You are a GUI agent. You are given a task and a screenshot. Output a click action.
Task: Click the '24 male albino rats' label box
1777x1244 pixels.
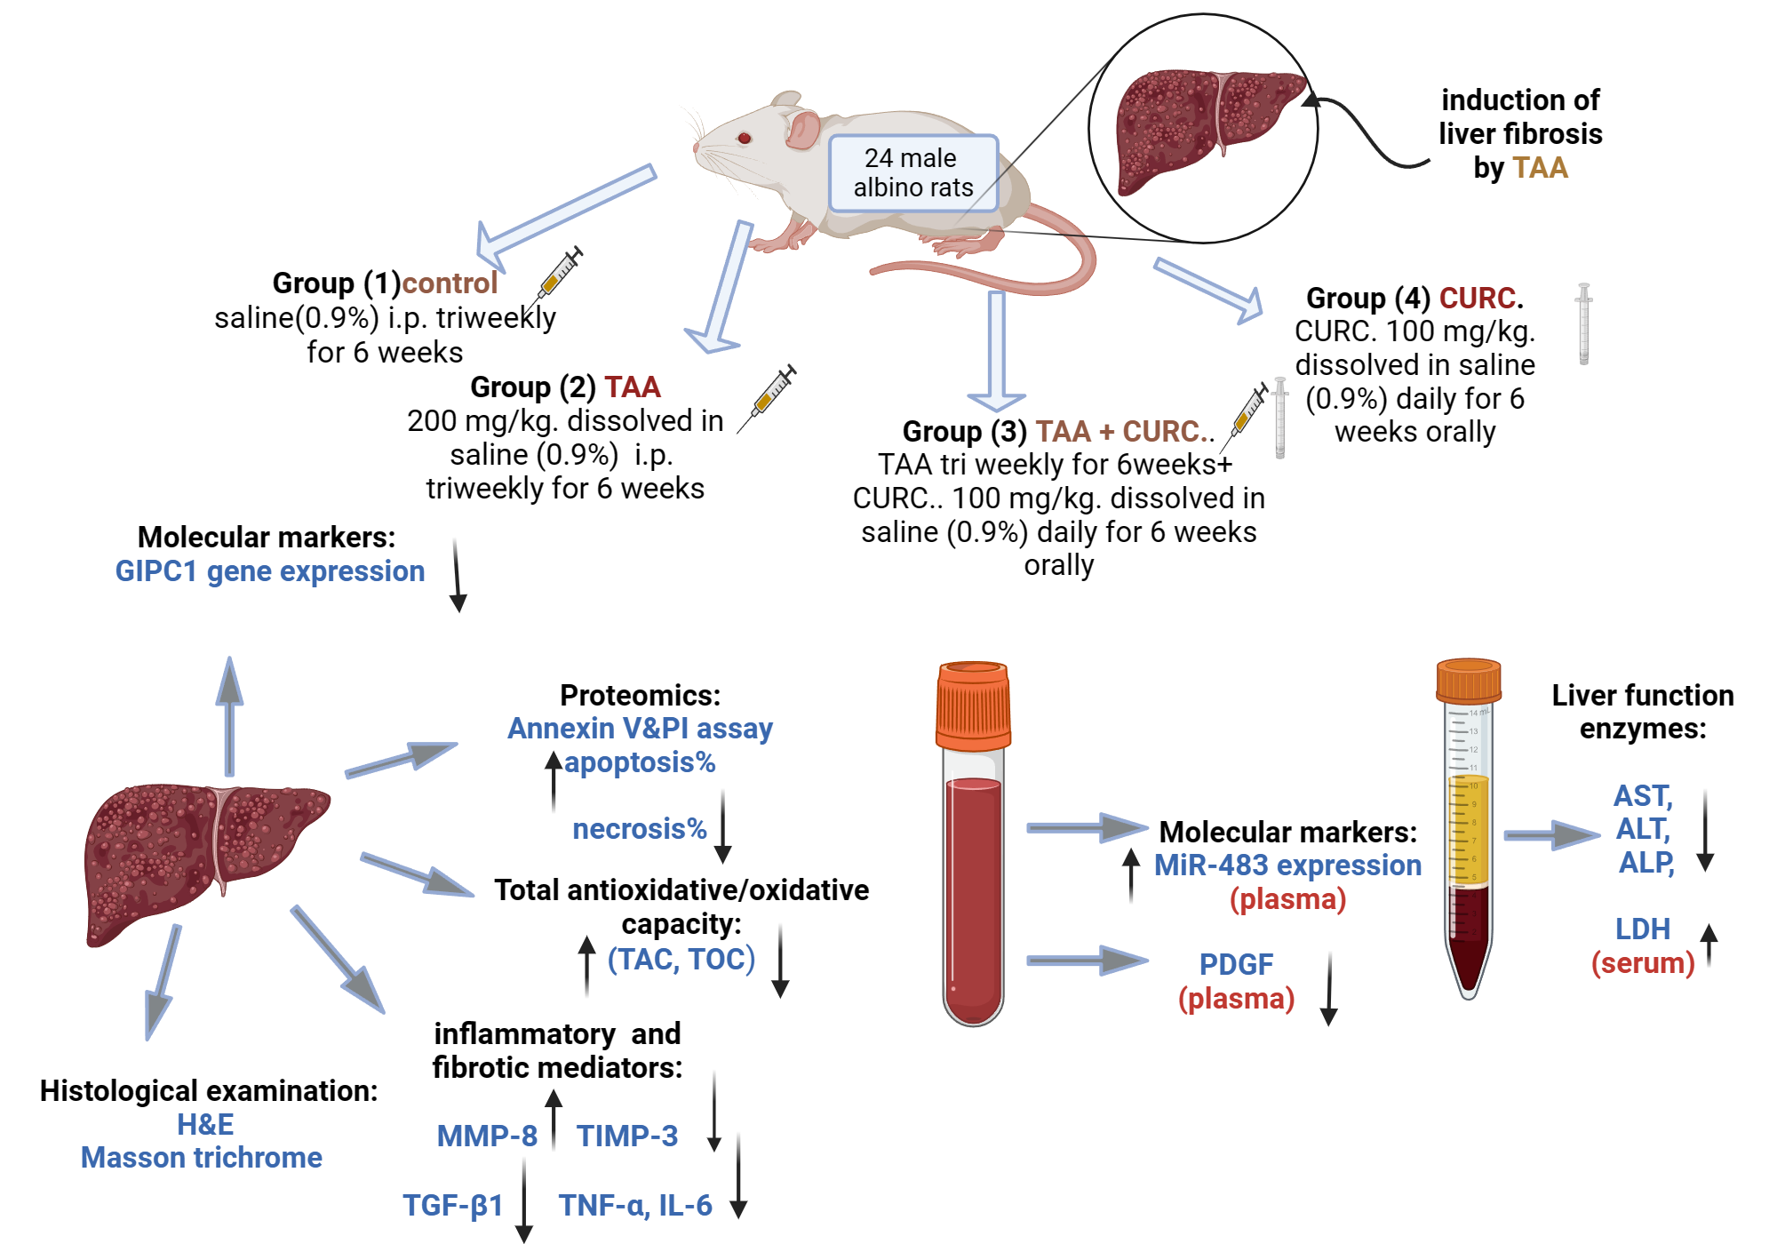[913, 173]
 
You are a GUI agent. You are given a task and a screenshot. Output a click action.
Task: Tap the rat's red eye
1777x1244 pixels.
[745, 138]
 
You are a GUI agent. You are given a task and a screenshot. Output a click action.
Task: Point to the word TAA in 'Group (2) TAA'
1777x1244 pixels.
[633, 387]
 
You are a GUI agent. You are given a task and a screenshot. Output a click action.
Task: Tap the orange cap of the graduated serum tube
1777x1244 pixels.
[1469, 681]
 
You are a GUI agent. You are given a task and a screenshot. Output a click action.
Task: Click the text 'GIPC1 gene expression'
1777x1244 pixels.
[270, 571]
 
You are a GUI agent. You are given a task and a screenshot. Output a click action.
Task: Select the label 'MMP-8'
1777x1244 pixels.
[487, 1136]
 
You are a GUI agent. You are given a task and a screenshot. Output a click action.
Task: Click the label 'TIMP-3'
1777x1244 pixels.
[627, 1136]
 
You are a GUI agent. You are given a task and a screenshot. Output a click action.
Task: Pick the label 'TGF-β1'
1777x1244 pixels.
[453, 1206]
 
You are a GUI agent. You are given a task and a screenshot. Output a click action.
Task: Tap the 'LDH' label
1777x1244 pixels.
[1642, 929]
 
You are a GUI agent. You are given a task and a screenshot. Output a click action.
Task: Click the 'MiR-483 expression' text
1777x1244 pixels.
[1287, 865]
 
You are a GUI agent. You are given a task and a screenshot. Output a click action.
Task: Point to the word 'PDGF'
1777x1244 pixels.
[1236, 964]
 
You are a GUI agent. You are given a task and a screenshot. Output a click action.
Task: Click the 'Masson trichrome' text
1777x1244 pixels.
[202, 1158]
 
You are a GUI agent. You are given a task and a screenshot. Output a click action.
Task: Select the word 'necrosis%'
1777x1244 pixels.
[640, 829]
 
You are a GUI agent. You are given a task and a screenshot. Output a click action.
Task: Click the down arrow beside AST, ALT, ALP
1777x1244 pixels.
[1705, 831]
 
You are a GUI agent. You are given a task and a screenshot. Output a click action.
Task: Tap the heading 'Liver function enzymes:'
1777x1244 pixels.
[1643, 712]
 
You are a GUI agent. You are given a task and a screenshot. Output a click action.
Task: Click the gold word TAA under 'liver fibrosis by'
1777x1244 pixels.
[1540, 168]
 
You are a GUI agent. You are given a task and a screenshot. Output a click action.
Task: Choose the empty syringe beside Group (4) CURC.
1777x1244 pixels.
[1583, 323]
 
